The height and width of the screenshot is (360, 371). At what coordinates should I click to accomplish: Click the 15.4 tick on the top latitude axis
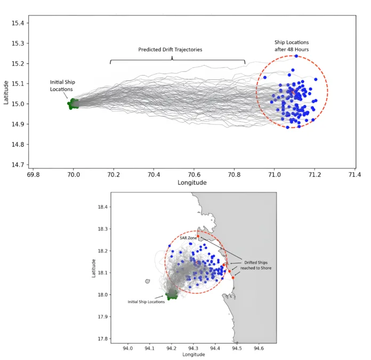pos(18,23)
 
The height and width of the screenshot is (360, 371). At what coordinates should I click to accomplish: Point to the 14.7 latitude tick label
pos(18,165)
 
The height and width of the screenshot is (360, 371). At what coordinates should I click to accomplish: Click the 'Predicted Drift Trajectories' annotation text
pos(170,50)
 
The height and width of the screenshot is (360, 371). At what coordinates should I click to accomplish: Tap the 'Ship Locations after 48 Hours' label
pos(292,45)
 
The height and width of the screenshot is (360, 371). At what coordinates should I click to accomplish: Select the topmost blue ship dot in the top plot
pos(296,56)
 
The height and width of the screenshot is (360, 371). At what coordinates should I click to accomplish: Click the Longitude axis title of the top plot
pos(192,183)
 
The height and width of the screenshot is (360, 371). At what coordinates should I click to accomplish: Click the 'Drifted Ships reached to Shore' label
pos(257,265)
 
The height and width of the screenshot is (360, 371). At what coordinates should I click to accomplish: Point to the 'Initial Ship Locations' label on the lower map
pos(146,302)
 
